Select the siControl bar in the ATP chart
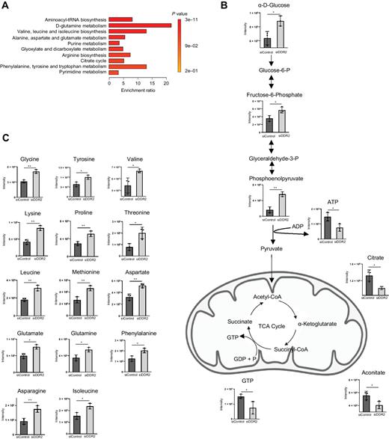(x=327, y=225)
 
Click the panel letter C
(x=6, y=136)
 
